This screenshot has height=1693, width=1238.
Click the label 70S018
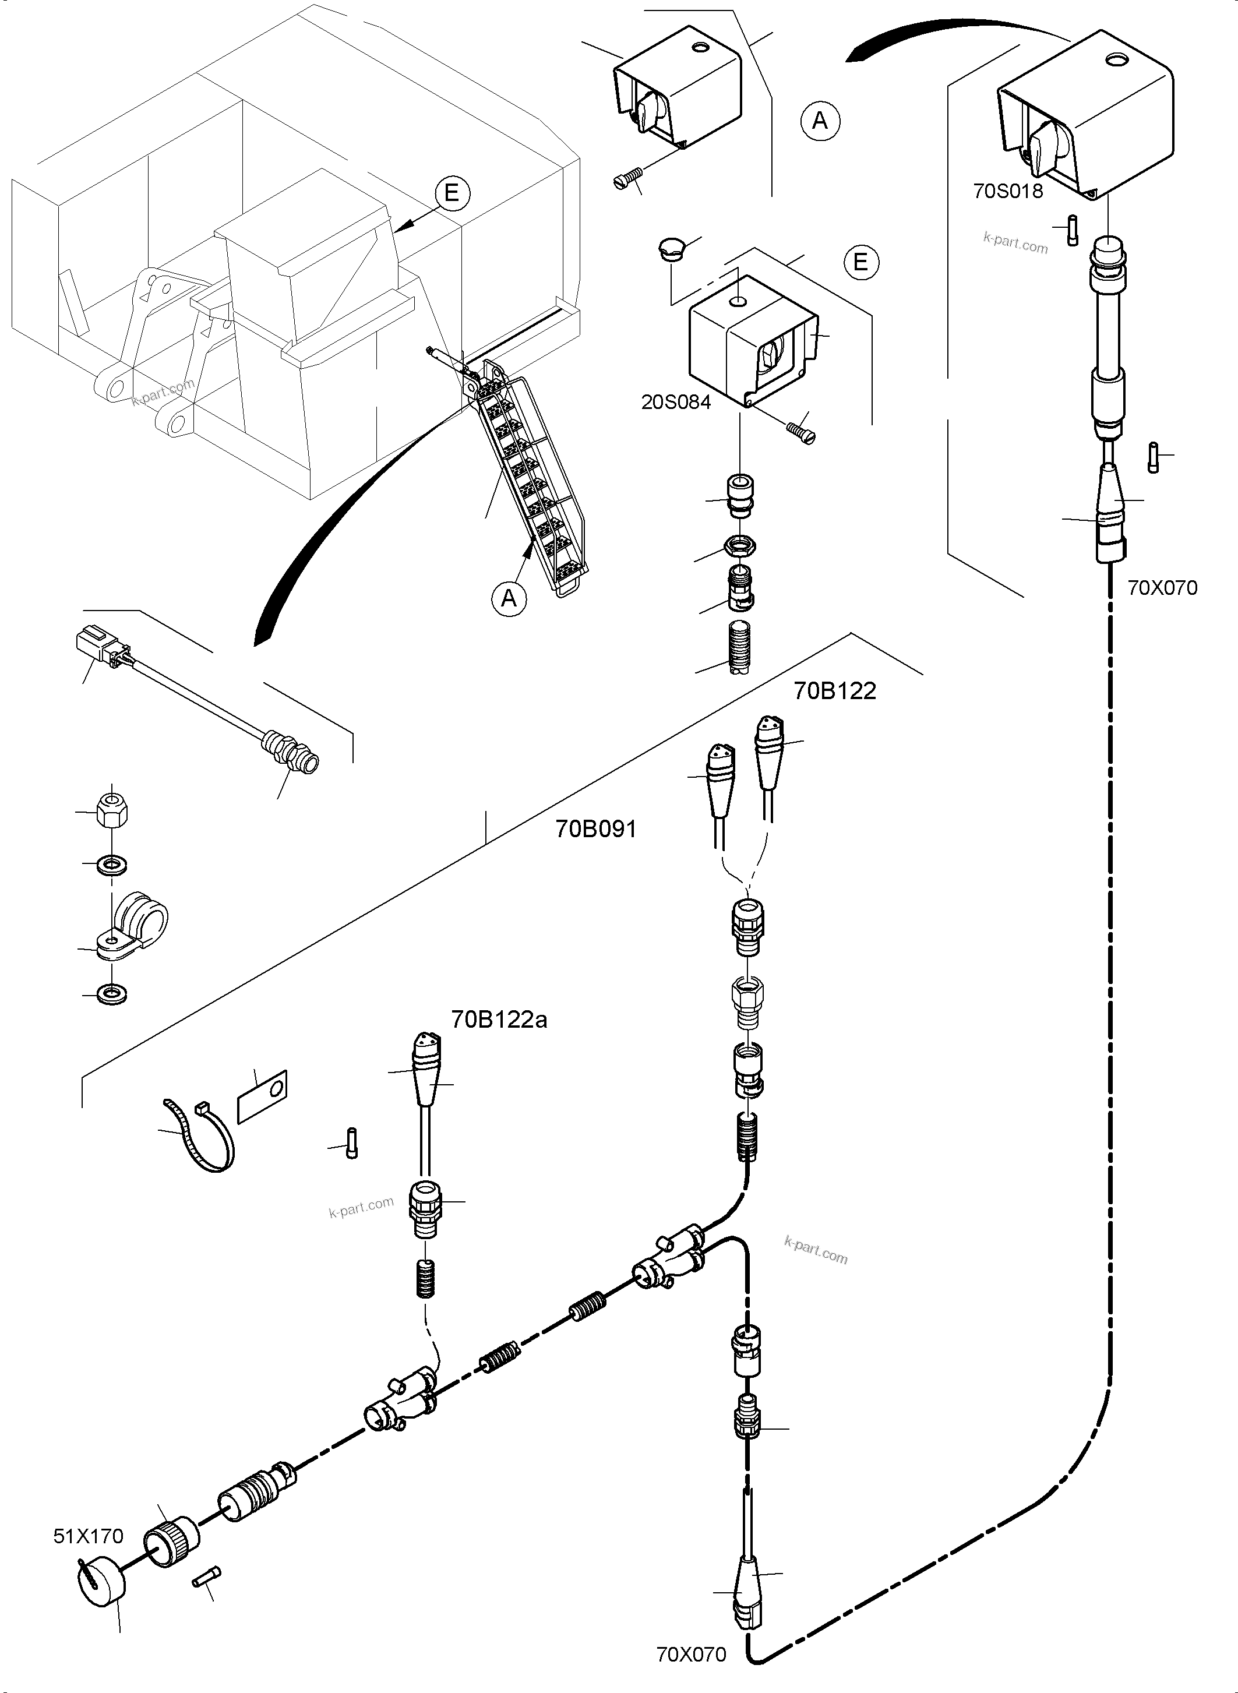tap(1007, 191)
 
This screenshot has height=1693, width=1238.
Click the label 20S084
tap(675, 402)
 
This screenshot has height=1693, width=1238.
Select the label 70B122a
tap(499, 1020)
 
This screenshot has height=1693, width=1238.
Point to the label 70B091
tap(596, 829)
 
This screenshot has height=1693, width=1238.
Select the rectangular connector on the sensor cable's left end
tap(94, 646)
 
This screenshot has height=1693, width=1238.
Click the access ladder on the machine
tap(532, 479)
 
